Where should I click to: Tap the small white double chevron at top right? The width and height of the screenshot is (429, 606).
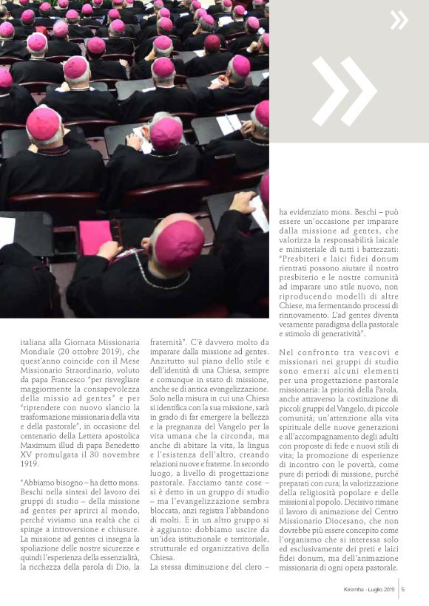[x=399, y=20]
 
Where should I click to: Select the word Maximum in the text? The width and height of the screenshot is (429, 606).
[x=38, y=426]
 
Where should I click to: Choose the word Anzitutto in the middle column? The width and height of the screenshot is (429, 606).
[x=166, y=373]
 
